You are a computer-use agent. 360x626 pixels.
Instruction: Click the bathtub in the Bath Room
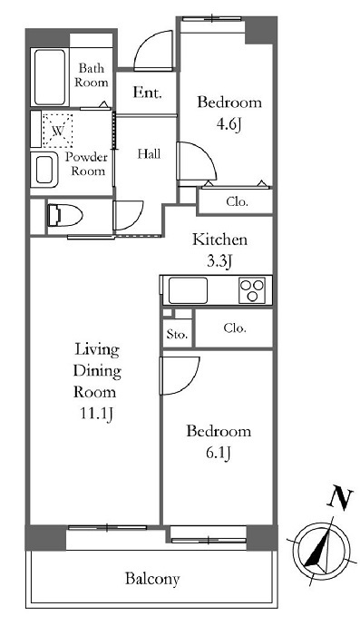[50, 77]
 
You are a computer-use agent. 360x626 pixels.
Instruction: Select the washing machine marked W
[58, 131]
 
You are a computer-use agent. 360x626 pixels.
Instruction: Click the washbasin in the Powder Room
[44, 170]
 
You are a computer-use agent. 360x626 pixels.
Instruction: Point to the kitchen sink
[188, 290]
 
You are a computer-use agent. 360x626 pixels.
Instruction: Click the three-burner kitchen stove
[252, 290]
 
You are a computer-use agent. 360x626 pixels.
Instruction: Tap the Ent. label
[147, 93]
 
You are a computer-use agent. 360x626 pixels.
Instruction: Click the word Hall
[149, 153]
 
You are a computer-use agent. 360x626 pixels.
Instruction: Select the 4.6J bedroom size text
[229, 125]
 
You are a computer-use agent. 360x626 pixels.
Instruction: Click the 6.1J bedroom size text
[218, 454]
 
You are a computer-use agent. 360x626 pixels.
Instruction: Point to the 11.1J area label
[97, 414]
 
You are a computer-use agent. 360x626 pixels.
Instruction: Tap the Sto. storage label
[177, 334]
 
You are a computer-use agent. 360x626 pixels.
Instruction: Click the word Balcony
[152, 579]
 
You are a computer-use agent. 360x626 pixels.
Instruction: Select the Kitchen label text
[220, 240]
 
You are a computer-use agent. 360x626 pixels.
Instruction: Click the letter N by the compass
[340, 498]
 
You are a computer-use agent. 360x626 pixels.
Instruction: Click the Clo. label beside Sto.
[235, 328]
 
